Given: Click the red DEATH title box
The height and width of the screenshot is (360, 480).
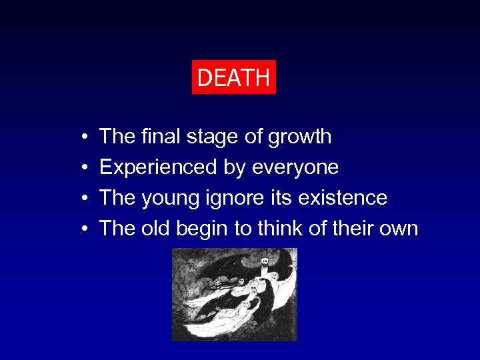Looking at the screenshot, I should [233, 77].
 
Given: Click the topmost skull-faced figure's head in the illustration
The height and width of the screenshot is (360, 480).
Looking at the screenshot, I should [264, 262].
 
